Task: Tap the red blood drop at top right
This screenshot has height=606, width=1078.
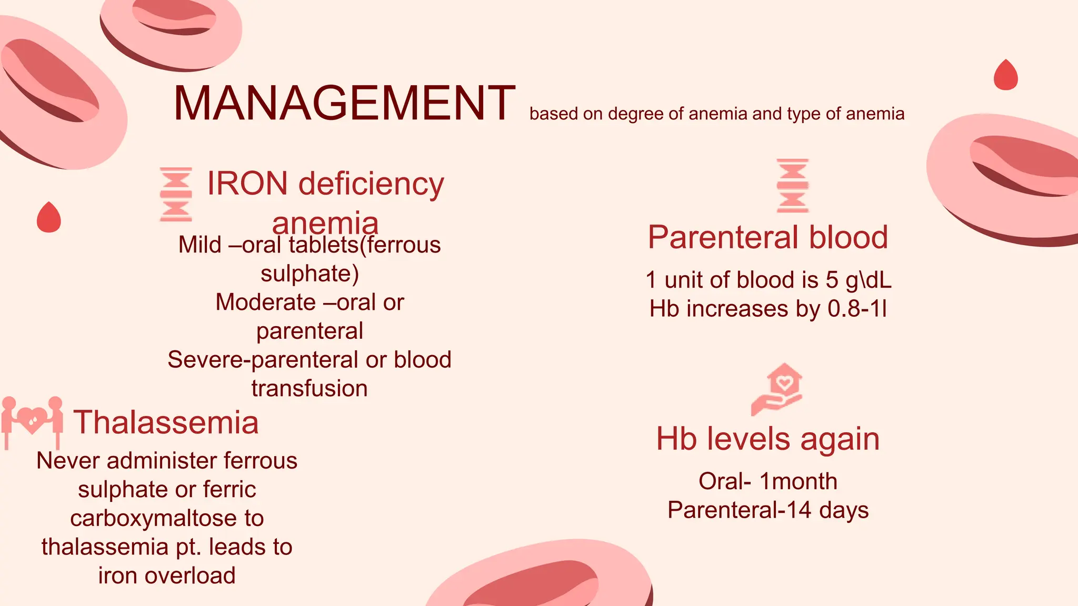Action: (1005, 76)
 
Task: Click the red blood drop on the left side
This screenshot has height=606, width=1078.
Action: (48, 217)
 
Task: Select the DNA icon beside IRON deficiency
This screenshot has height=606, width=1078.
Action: (176, 194)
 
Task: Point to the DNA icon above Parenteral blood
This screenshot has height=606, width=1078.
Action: (793, 186)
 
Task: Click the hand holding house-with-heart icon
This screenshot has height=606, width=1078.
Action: (777, 389)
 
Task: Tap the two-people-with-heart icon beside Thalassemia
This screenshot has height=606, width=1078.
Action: (32, 421)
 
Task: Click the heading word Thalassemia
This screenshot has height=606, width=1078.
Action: (166, 422)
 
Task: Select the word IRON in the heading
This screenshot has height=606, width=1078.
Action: (247, 184)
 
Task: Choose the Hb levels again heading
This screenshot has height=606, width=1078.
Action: (768, 439)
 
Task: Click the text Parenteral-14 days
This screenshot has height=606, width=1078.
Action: (768, 510)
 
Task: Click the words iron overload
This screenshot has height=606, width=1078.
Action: (167, 575)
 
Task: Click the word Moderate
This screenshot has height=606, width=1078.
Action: (265, 302)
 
